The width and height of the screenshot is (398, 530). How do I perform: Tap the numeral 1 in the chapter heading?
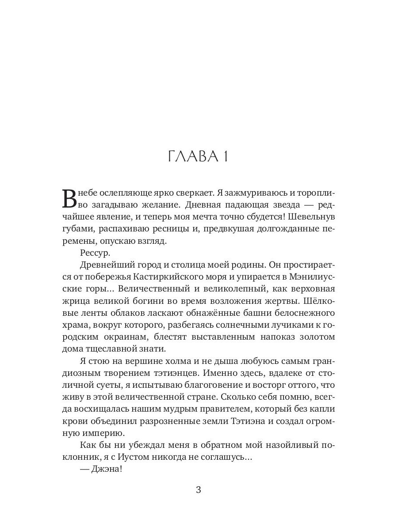[225, 156]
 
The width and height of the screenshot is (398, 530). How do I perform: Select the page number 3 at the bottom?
[199, 490]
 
